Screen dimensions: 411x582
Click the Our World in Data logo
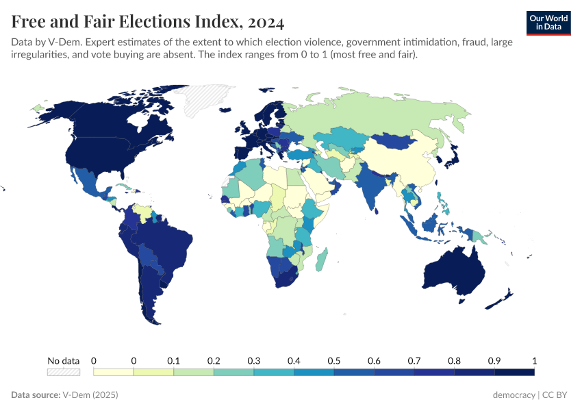click(548, 23)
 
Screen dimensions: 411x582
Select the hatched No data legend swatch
click(63, 372)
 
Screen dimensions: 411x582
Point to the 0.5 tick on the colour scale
click(334, 361)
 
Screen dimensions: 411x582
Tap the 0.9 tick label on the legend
click(494, 361)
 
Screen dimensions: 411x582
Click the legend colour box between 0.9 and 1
click(514, 372)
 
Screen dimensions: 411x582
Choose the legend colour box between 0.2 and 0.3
click(233, 372)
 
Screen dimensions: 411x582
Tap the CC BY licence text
click(557, 395)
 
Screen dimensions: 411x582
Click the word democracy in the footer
click(514, 395)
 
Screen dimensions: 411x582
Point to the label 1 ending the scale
click(534, 361)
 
